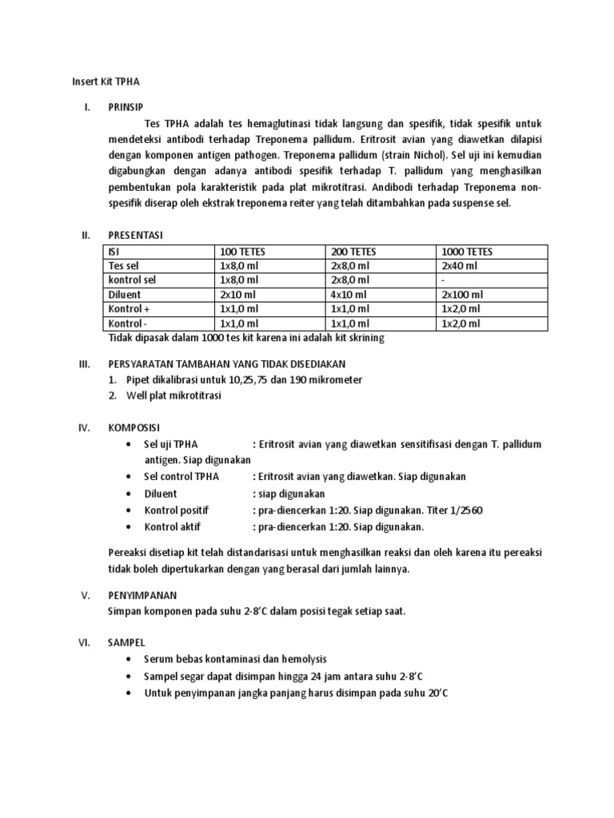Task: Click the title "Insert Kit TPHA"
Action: click(x=105, y=81)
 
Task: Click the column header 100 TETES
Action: click(x=241, y=252)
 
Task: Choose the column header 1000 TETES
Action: click(x=467, y=252)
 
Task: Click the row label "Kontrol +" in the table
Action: click(x=128, y=309)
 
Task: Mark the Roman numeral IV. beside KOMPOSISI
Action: click(x=86, y=427)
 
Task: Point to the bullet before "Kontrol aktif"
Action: click(x=130, y=526)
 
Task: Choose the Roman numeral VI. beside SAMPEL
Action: click(x=86, y=642)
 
